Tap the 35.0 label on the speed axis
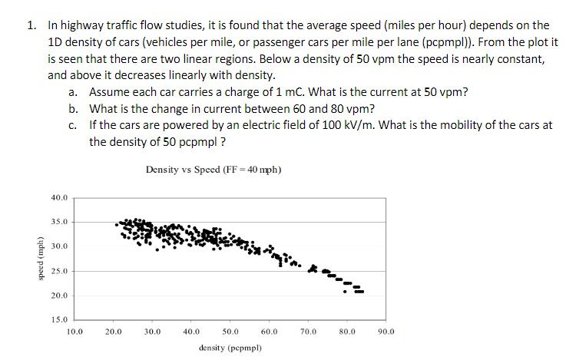pos(59,222)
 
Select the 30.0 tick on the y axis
pos(59,246)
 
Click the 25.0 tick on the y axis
pos(59,271)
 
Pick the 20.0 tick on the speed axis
pos(59,296)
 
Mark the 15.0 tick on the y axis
pos(59,319)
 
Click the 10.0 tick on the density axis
pos(74,332)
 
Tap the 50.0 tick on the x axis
pos(230,332)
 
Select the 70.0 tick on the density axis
pos(309,332)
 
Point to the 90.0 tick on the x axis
pos(386,332)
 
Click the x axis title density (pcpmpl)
pos(230,348)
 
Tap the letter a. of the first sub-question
pos(72,91)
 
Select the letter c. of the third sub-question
pos(72,125)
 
